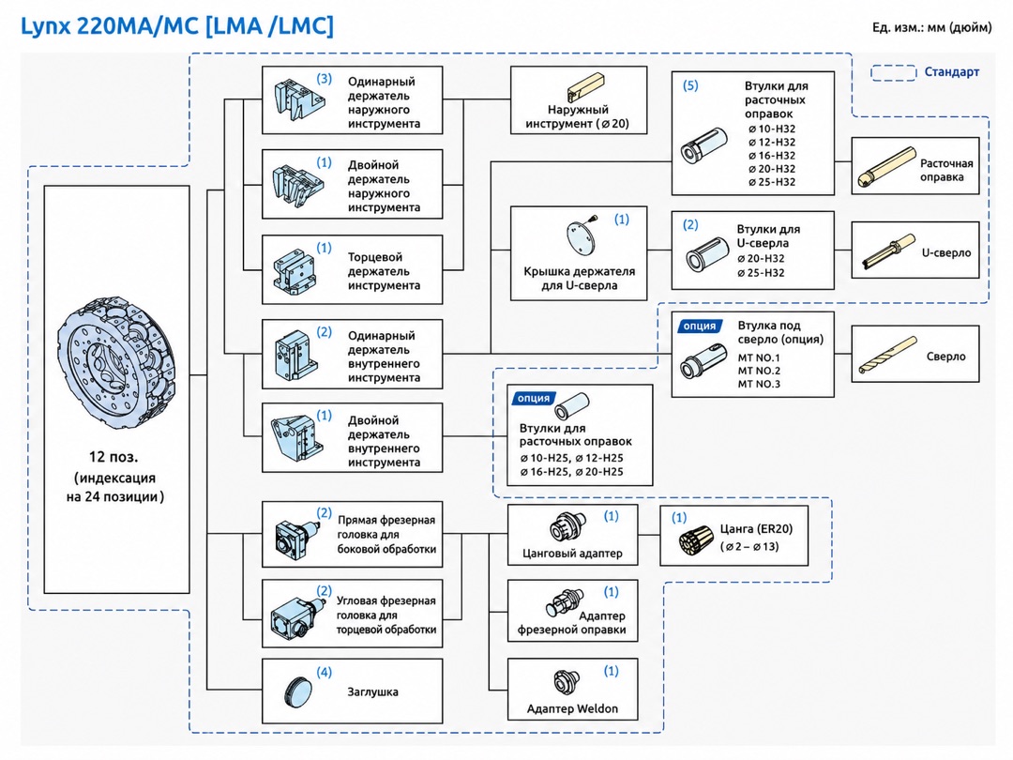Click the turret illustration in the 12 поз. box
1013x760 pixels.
click(116, 363)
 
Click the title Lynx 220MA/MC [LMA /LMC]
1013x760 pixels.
click(177, 26)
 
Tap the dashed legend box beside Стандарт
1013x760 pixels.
click(894, 72)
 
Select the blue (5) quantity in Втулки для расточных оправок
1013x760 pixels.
click(690, 85)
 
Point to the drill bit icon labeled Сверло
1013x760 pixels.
click(887, 355)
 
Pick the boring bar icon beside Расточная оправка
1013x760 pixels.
click(887, 167)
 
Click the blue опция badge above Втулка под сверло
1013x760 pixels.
click(700, 327)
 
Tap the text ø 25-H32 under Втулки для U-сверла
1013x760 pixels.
click(761, 273)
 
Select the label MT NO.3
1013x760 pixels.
click(759, 384)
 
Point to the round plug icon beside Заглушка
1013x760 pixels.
click(298, 692)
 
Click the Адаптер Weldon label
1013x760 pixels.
click(572, 709)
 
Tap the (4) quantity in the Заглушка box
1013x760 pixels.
click(325, 672)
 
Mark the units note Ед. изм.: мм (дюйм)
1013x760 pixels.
click(931, 27)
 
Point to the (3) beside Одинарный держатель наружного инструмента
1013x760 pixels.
click(325, 79)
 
